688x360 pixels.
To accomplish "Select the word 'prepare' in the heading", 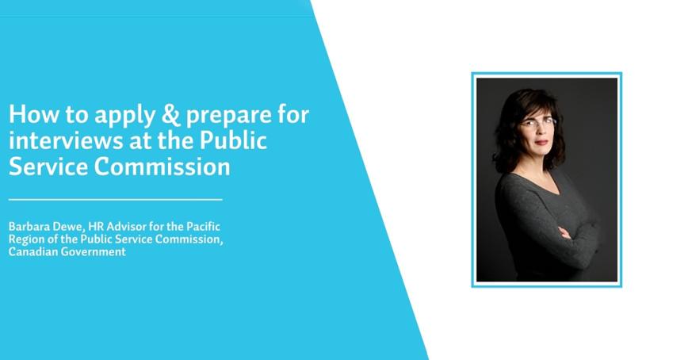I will coord(224,117).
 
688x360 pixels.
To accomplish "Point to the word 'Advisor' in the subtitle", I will coord(128,226).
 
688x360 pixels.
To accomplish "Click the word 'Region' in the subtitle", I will coord(25,239).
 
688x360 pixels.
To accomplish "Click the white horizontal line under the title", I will coord(116,199).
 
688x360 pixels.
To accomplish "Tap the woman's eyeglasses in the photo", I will coord(538,123).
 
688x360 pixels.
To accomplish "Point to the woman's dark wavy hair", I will coord(508,127).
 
